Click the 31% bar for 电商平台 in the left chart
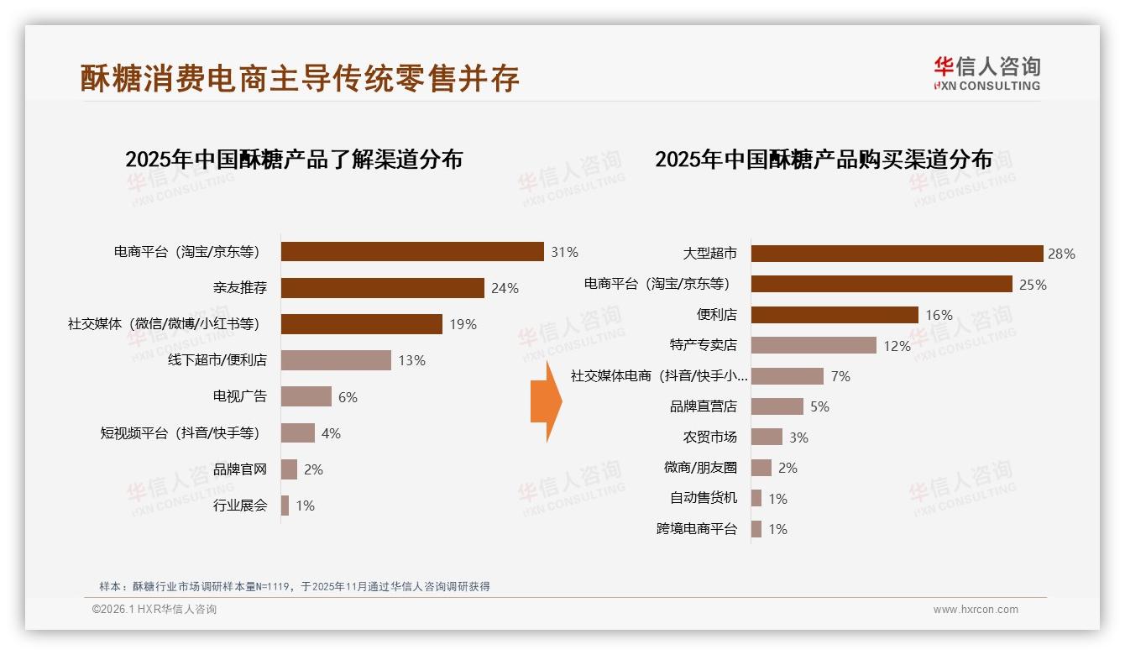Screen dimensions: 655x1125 click(x=412, y=252)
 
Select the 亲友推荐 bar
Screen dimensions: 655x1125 click(x=382, y=288)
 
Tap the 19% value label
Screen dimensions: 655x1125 click(x=463, y=324)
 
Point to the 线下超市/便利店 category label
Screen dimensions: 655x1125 click(x=217, y=360)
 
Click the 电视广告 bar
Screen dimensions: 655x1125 click(x=306, y=396)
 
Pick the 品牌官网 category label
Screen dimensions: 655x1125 click(x=239, y=469)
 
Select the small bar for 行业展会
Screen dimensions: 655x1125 click(x=285, y=506)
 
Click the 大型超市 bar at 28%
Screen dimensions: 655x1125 click(x=897, y=254)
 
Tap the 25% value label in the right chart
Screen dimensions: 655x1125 click(x=1033, y=285)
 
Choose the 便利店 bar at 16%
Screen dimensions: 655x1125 click(x=835, y=315)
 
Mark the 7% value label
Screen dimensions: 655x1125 click(x=840, y=376)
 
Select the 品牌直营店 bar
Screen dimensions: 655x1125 click(x=777, y=406)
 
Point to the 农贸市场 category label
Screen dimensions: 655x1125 click(x=709, y=438)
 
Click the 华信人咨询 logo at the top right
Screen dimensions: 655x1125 click(x=986, y=73)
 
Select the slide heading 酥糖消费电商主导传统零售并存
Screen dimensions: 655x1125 click(x=300, y=78)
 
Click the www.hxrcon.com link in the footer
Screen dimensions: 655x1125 click(x=976, y=610)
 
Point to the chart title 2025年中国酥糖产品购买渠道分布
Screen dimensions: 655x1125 click(x=823, y=160)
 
